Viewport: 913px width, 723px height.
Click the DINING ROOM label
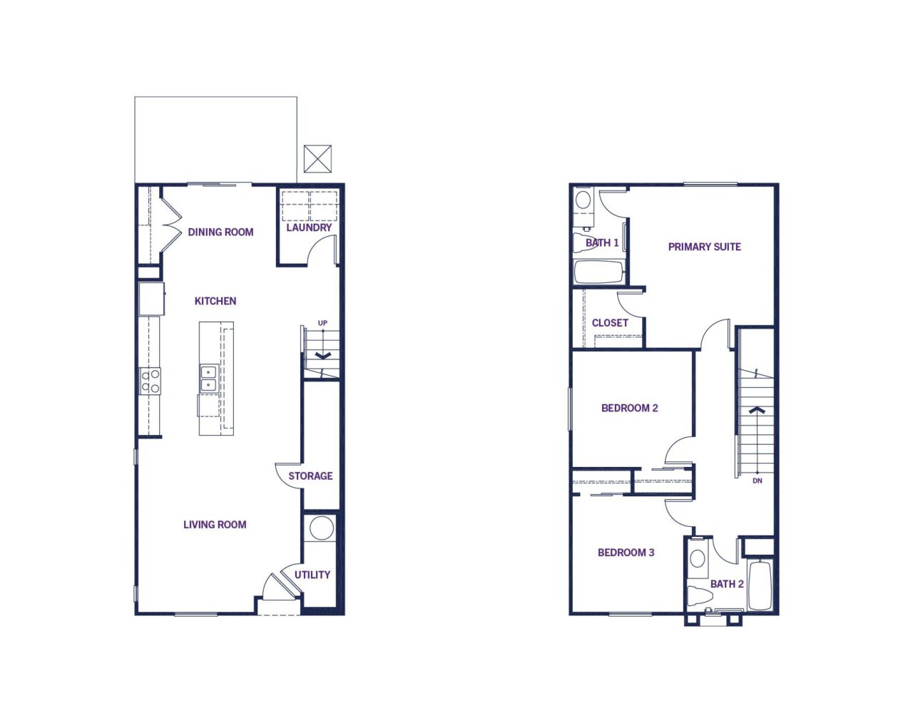220,232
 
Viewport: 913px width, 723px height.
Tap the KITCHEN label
215,301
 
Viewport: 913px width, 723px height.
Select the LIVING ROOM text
215,525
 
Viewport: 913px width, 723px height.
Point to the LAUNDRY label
309,227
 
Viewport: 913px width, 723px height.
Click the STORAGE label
310,476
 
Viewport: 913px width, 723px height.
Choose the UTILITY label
312,575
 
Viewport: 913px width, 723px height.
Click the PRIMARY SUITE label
704,247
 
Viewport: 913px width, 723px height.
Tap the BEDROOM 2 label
630,408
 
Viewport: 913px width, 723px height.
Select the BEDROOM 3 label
626,553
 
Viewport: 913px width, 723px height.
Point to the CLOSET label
610,323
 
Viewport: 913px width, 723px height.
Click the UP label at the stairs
322,323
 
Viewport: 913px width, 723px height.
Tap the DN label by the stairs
758,481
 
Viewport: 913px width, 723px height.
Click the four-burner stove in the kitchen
151,381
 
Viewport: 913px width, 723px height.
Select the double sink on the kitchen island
210,378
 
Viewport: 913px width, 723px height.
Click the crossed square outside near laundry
318,159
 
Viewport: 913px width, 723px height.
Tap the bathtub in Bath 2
760,585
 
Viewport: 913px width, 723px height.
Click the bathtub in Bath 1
598,272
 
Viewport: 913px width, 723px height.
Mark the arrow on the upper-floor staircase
758,410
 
